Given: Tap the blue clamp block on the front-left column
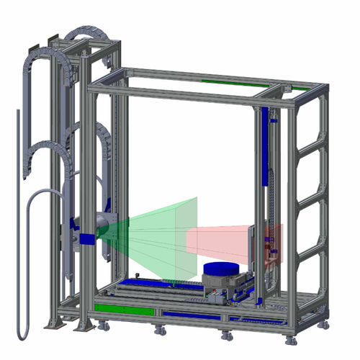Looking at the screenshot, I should tap(87, 238).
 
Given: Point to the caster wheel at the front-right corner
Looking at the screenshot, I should tap(291, 340).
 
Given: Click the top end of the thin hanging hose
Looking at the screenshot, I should tap(17, 112).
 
